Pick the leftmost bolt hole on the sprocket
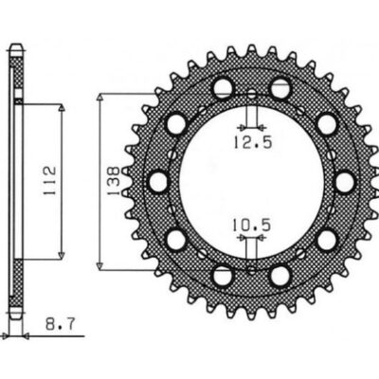click(156, 180)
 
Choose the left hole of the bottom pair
click(222, 274)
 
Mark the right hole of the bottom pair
click(280, 274)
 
